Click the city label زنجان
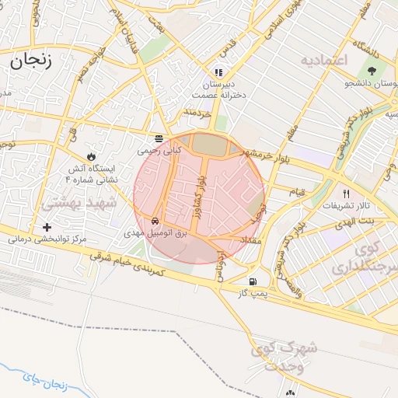[x=31, y=61]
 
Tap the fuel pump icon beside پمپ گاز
[x=252, y=281]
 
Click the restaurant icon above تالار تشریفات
[x=347, y=194]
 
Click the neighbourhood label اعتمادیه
[x=325, y=59]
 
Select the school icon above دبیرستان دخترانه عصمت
[x=218, y=72]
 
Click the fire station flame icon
[x=95, y=155]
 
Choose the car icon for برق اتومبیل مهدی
[x=156, y=220]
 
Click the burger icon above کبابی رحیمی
[x=159, y=138]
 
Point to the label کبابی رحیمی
[x=159, y=151]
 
